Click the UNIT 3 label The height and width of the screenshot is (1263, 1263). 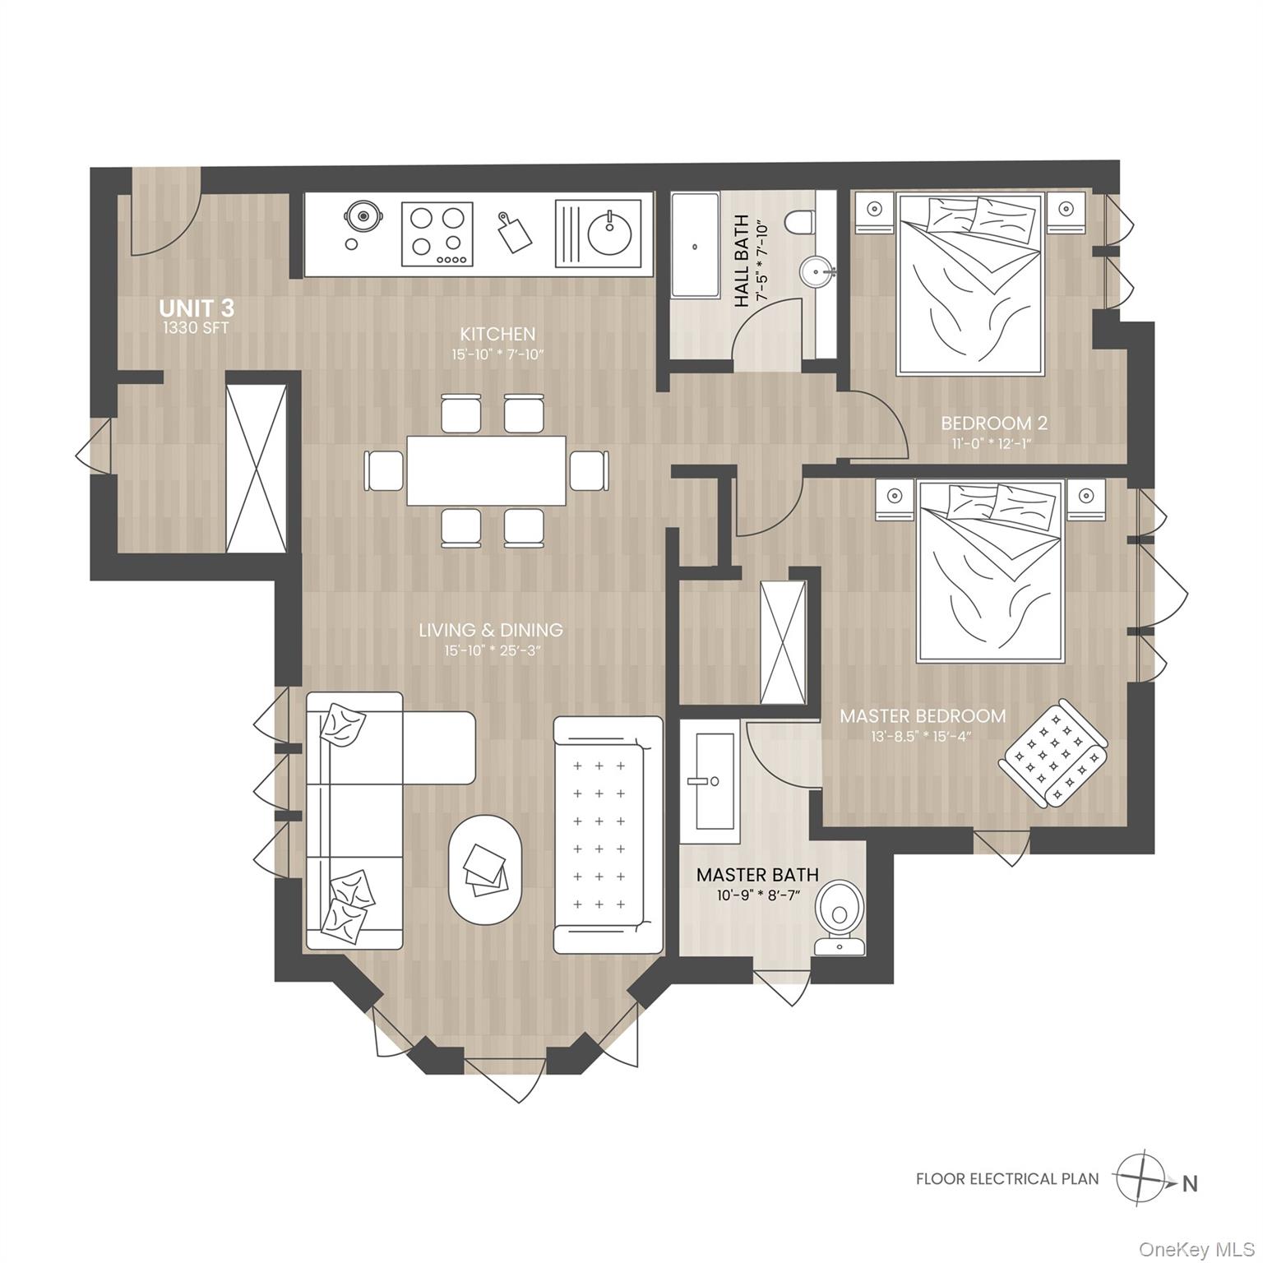pos(197,308)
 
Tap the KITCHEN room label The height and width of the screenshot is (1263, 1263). pos(497,334)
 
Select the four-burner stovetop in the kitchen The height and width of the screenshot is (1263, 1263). pos(437,234)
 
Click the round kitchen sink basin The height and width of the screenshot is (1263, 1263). pos(609,234)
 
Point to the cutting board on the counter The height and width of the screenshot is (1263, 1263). pos(514,234)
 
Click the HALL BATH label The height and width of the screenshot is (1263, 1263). pos(742,261)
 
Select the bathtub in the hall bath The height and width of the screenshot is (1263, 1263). pos(696,246)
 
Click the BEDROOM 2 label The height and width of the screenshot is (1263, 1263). pos(994,423)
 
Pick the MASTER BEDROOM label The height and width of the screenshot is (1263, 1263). pos(923,716)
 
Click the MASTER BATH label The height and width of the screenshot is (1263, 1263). pos(757,875)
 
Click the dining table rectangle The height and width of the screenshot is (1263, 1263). pos(487,470)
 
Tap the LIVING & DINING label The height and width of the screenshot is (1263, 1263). pos(491,630)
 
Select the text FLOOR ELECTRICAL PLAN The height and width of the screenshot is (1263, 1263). pos(1007,1179)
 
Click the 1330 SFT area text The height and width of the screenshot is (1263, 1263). pos(196,328)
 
